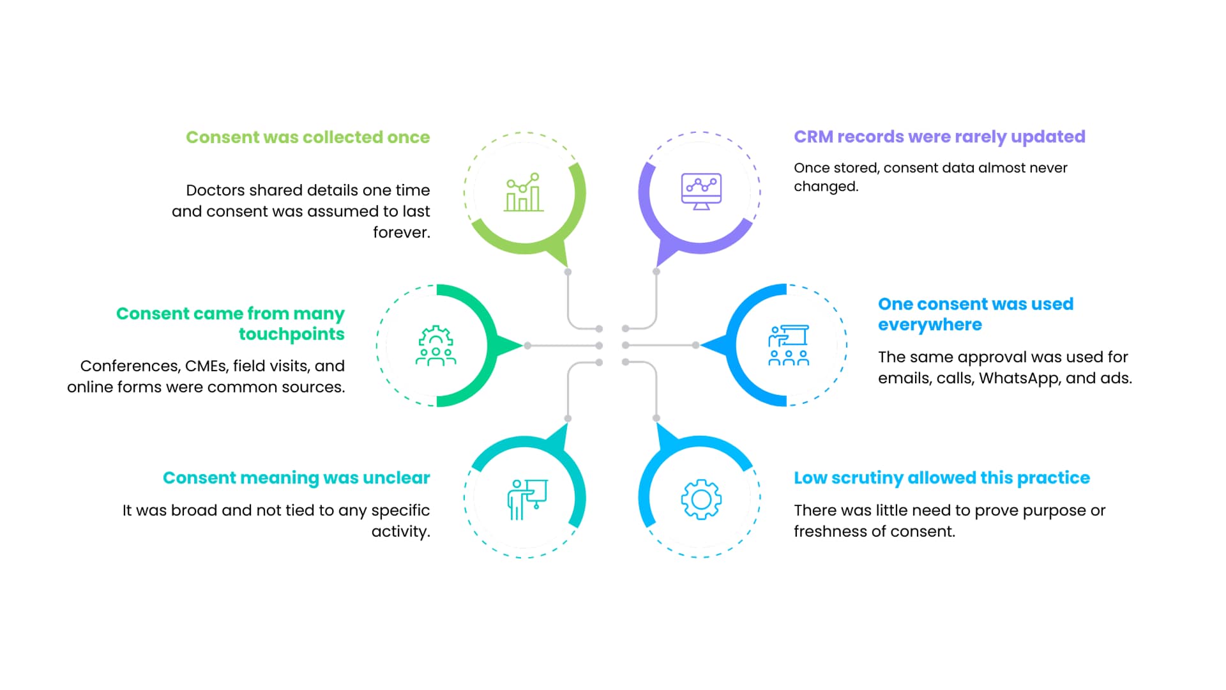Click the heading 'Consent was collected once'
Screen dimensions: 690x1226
coord(308,137)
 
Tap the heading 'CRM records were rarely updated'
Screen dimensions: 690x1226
coord(939,137)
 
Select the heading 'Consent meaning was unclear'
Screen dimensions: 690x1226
coord(296,478)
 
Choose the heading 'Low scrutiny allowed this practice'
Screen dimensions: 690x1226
coord(942,478)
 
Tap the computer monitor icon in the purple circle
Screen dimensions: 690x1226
coord(701,191)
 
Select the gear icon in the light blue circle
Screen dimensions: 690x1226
coord(701,499)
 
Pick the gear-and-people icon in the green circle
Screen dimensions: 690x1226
coord(436,346)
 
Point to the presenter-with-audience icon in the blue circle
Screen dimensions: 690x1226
coord(789,346)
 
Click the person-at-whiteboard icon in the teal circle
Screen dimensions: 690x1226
coord(527,499)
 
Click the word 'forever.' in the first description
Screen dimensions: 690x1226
coord(402,233)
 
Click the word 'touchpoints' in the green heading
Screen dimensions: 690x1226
coord(291,334)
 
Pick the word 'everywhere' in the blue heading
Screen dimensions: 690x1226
coord(930,325)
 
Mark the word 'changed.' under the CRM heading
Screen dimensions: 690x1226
coord(826,187)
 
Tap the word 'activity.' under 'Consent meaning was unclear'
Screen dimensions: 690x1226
coord(401,532)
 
